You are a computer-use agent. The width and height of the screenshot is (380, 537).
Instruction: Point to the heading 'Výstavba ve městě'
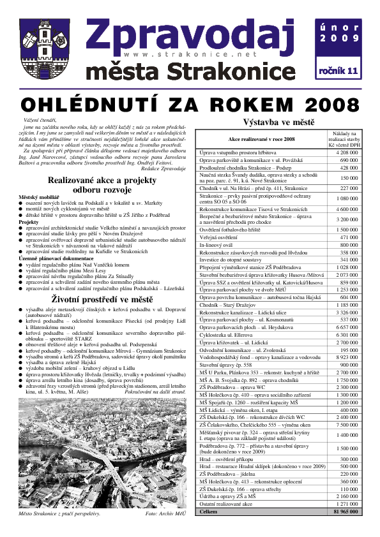278,122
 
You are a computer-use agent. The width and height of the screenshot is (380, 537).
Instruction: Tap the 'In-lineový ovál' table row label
220,244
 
